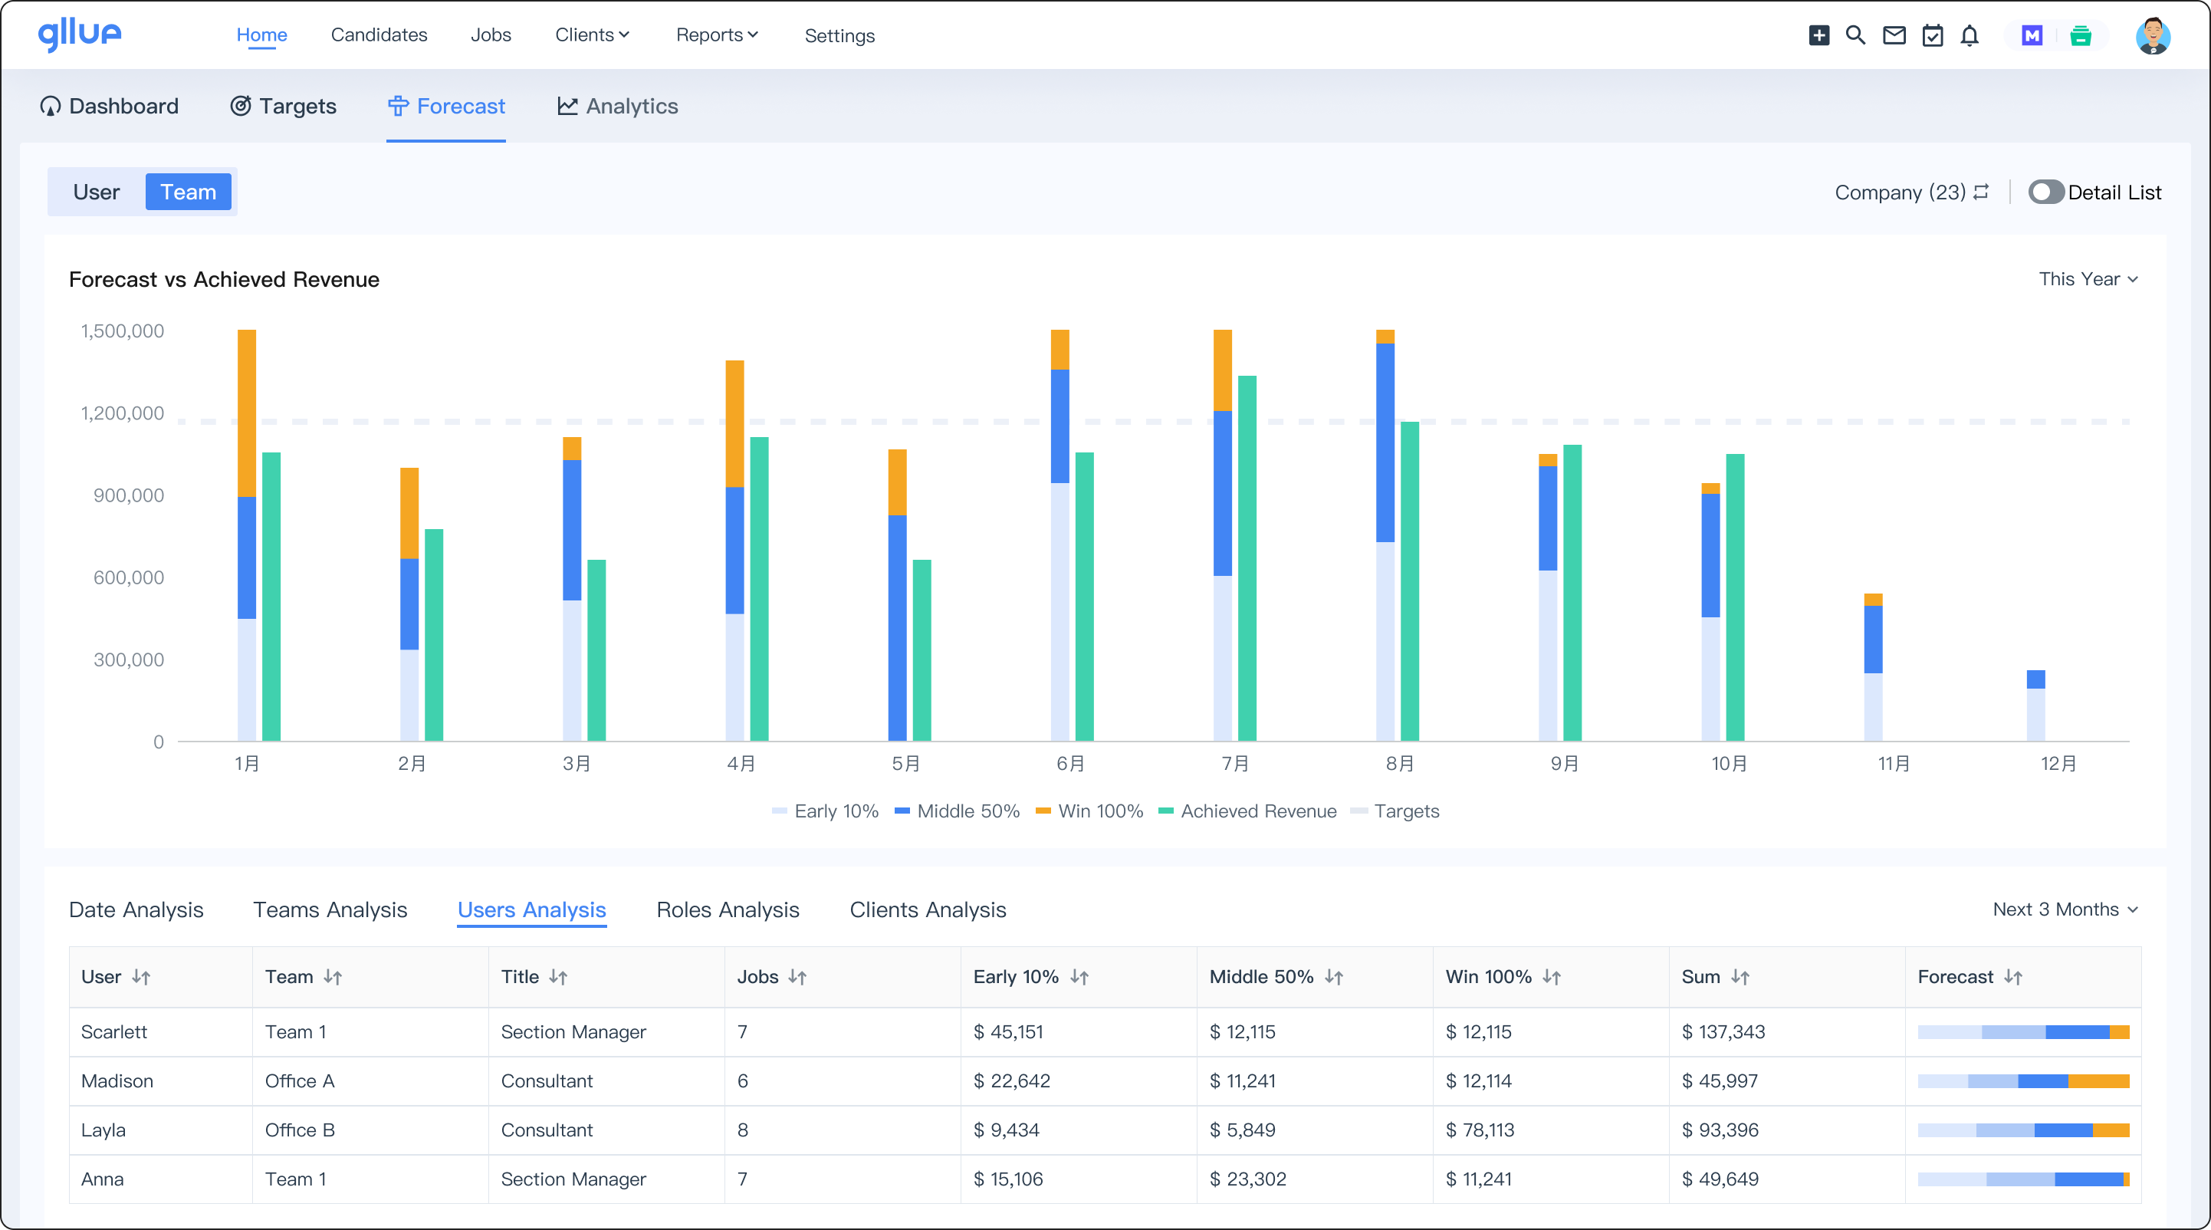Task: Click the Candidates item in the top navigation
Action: (x=379, y=35)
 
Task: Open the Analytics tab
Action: (x=617, y=107)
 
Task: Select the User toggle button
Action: (x=96, y=192)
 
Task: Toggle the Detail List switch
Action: (x=2045, y=192)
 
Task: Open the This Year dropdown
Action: (x=2088, y=279)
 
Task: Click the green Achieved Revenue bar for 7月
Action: (x=1247, y=558)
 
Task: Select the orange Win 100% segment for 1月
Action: (x=246, y=412)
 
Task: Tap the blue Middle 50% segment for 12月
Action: (x=2035, y=679)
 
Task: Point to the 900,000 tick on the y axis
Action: (x=128, y=495)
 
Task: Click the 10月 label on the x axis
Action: (x=1729, y=763)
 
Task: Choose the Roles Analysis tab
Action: (x=727, y=909)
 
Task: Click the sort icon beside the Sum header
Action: (x=1740, y=977)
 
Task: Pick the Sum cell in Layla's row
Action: (x=1719, y=1130)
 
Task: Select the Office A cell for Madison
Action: (x=300, y=1080)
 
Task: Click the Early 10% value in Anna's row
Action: (x=1007, y=1179)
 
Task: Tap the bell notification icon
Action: (x=1970, y=35)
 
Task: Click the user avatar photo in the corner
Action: (x=2152, y=35)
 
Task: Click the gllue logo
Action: (x=80, y=35)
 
